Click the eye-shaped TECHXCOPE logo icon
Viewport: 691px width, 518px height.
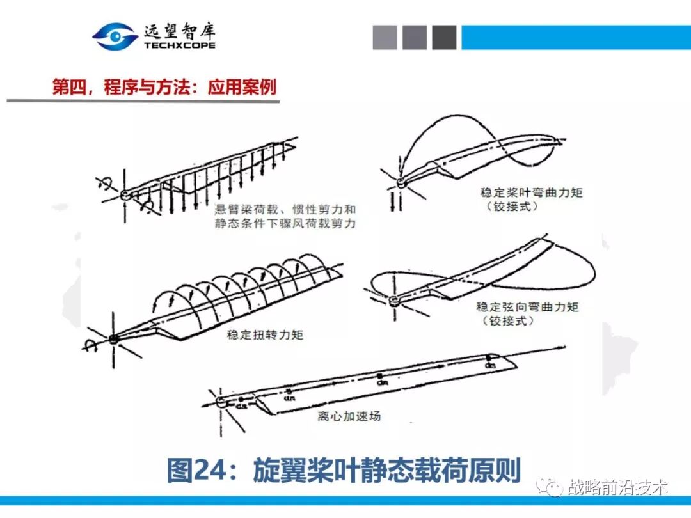tap(115, 36)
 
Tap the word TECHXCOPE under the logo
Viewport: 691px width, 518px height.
tap(180, 46)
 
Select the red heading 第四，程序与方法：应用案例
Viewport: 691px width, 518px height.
tap(164, 87)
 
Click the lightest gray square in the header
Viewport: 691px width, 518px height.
tap(385, 37)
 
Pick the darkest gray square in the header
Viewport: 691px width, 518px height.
tap(444, 37)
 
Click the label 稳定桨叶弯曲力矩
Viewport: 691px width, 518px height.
tap(532, 192)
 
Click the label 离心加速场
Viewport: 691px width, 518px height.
tap(349, 416)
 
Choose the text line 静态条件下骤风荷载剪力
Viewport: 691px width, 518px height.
tap(285, 224)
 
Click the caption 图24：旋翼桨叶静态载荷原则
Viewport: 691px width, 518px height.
tap(344, 471)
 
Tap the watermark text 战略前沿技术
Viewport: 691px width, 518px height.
tap(618, 487)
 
